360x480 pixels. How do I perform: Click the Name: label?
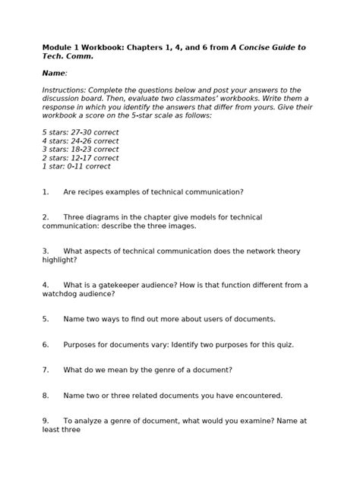pyautogui.click(x=55, y=73)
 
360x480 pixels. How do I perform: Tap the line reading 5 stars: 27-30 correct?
pyautogui.click(x=81, y=132)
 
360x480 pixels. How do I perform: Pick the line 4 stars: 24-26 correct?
pyautogui.click(x=81, y=141)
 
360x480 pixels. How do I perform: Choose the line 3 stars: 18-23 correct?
pyautogui.click(x=81, y=150)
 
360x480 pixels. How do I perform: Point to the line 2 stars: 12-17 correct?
pyautogui.click(x=81, y=158)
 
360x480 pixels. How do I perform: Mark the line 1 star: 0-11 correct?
pyautogui.click(x=77, y=166)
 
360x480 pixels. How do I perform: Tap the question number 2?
pyautogui.click(x=46, y=217)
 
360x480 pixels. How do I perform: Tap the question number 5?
pyautogui.click(x=46, y=319)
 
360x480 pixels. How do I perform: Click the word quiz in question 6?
pyautogui.click(x=284, y=344)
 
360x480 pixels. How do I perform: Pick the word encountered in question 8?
pyautogui.click(x=254, y=395)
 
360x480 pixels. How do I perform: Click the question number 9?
pyautogui.click(x=46, y=420)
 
